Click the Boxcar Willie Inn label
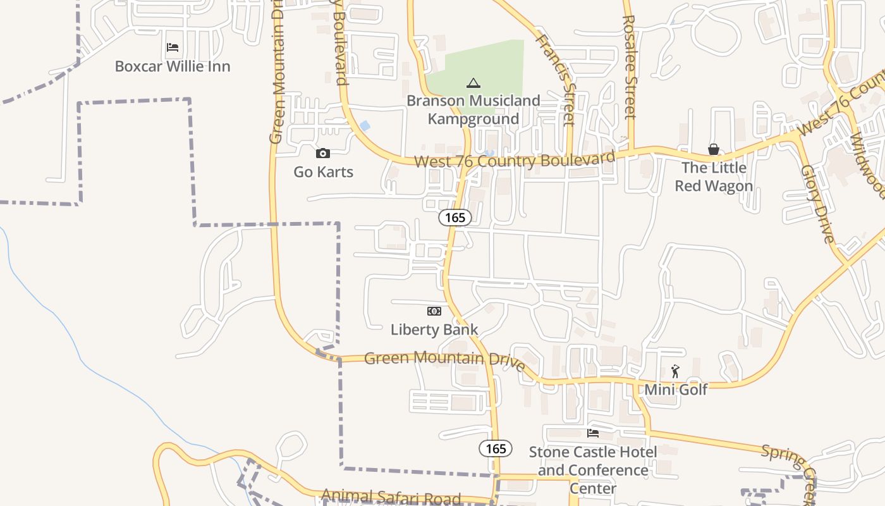172,66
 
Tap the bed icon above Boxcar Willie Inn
172,47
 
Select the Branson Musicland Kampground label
473,109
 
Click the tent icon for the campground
473,83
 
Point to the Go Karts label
323,171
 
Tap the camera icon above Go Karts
323,153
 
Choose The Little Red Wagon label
714,176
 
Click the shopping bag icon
714,149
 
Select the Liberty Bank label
434,330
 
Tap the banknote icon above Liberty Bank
434,311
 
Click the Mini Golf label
676,389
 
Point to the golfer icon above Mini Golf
675,371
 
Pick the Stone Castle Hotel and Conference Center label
593,470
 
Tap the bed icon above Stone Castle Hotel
593,433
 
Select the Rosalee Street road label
628,67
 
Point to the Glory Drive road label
817,204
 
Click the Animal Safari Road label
391,497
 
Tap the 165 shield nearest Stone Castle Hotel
496,448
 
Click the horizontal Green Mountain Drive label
444,359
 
